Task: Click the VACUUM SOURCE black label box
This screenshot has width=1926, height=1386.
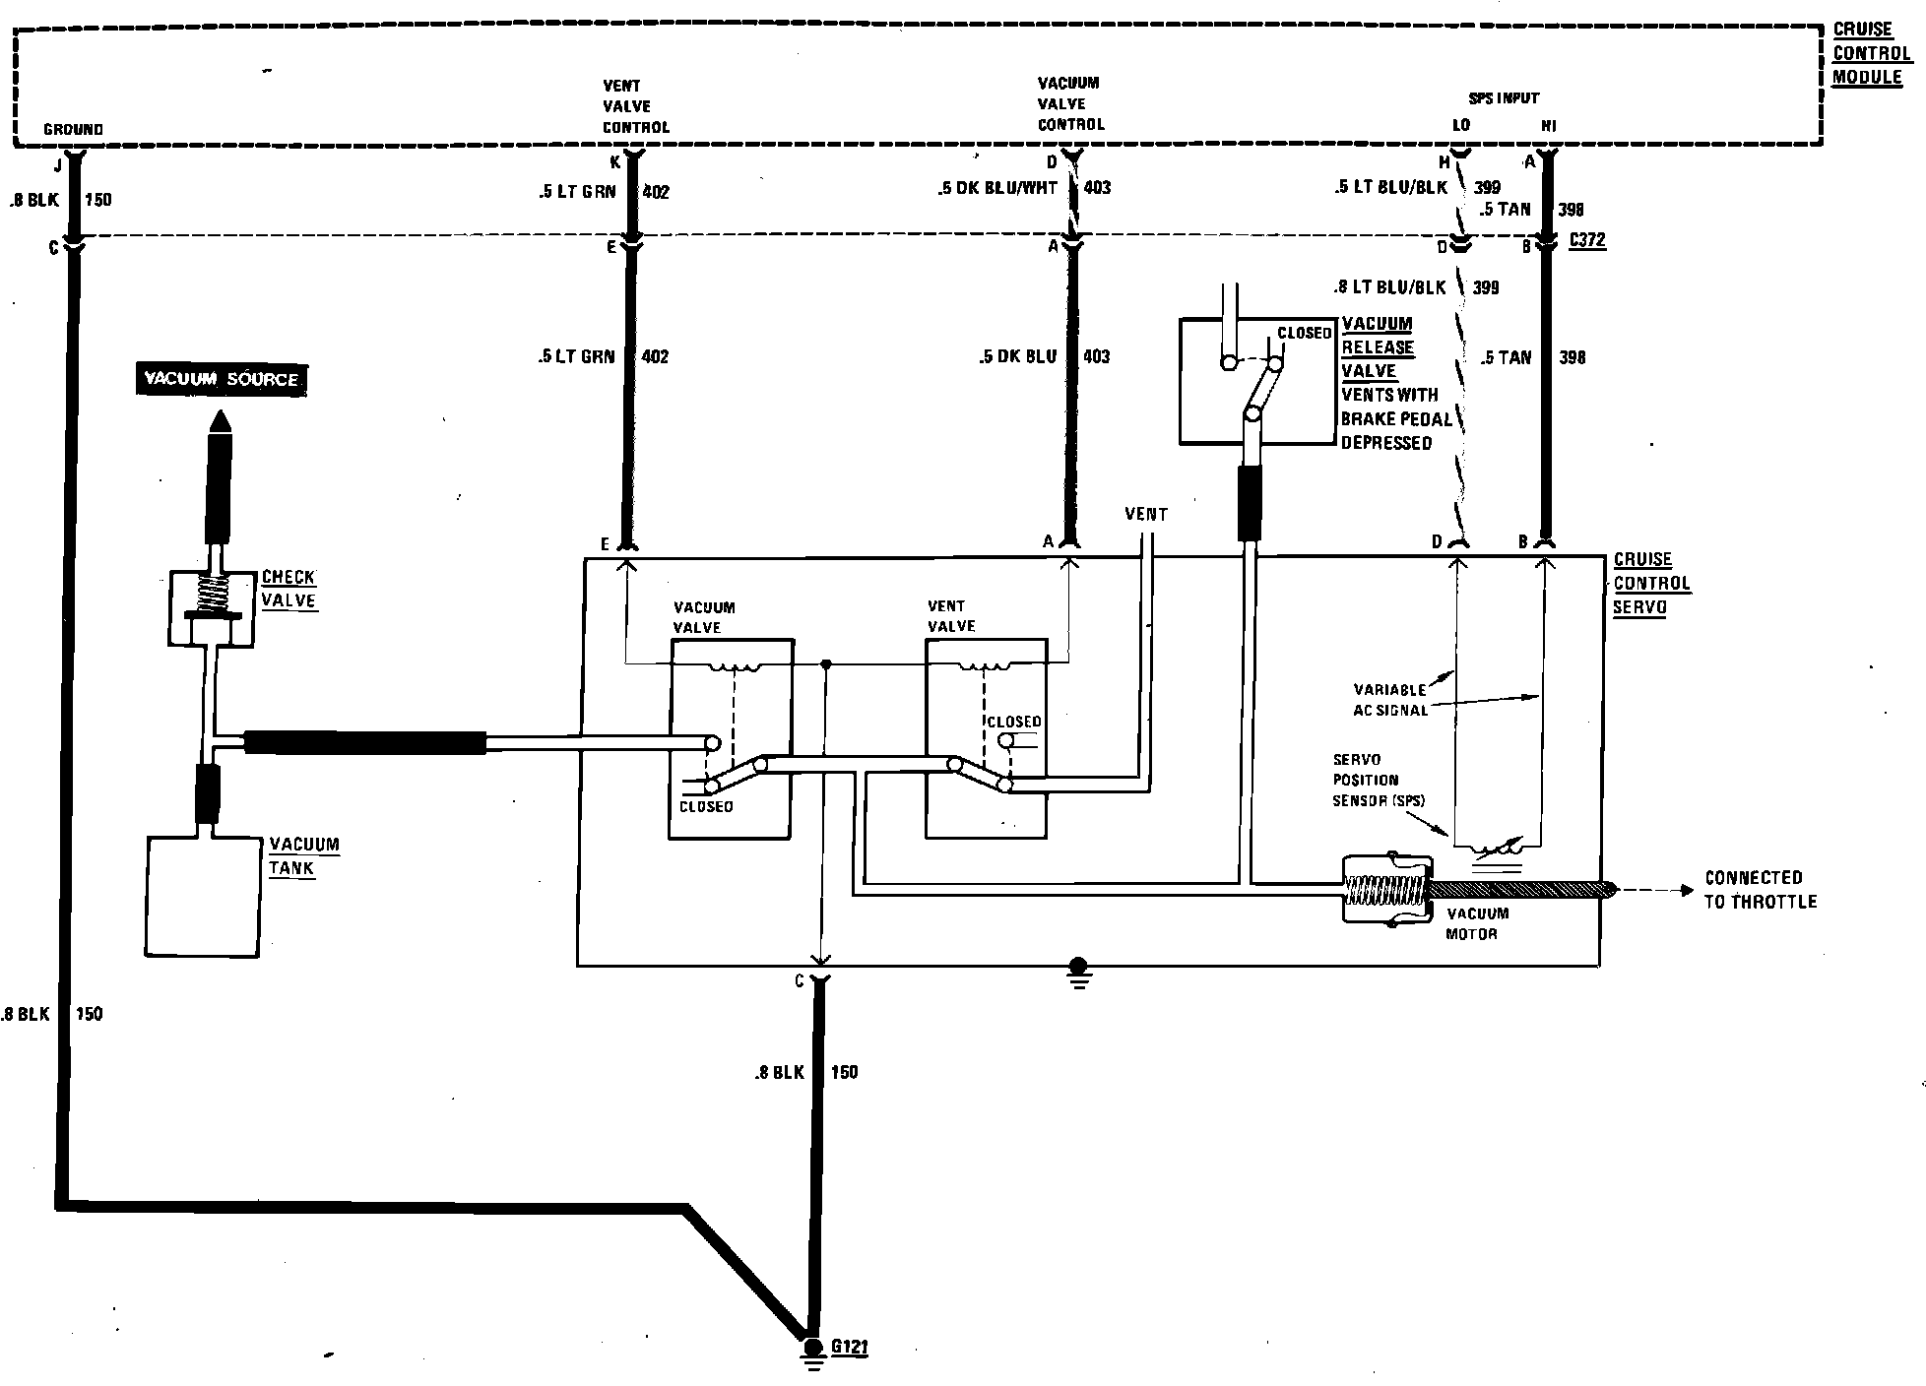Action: tap(221, 379)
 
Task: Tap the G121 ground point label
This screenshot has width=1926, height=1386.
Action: tap(849, 1347)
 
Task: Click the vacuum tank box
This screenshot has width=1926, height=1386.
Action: tap(203, 896)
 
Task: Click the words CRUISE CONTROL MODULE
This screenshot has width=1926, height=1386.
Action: tap(1870, 53)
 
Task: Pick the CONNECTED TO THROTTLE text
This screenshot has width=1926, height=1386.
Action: tap(1761, 889)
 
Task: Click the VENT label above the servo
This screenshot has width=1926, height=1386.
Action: tap(1146, 514)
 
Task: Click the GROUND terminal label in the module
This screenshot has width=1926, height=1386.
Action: tap(73, 129)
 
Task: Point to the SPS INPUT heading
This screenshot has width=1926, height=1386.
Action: tap(1503, 98)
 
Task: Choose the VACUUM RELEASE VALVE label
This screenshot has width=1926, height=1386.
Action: tap(1377, 347)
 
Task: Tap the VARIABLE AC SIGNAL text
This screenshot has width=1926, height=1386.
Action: tap(1390, 700)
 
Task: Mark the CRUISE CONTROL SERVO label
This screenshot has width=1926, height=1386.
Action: tap(1651, 583)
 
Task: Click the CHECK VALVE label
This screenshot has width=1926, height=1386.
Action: tap(289, 589)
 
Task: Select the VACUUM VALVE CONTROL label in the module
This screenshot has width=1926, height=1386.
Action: tap(1070, 103)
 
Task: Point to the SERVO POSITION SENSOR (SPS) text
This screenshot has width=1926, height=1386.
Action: tap(1378, 780)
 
